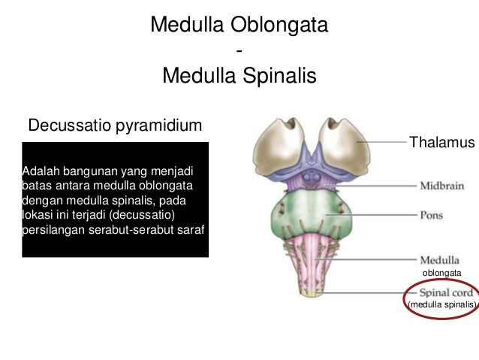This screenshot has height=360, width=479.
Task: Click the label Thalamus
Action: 441,143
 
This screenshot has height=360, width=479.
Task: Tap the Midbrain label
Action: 441,185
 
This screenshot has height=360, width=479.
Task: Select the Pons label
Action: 431,215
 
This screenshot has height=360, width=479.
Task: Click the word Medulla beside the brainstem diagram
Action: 440,260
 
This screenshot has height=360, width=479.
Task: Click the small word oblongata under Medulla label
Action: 441,273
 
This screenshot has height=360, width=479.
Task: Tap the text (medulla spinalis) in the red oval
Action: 441,304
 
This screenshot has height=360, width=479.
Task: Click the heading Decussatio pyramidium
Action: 114,123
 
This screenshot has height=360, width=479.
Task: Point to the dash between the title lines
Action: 239,51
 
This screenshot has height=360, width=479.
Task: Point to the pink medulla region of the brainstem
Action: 314,252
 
